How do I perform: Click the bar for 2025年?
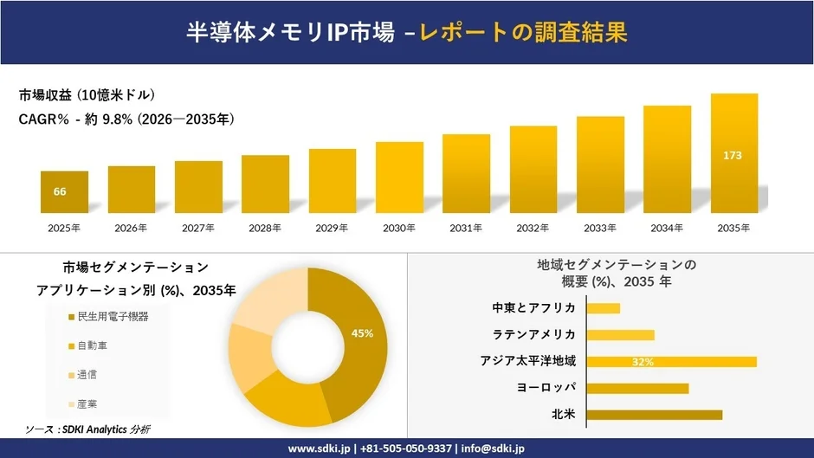[64, 192]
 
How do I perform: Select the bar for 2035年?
[734, 153]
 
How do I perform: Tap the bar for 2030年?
[399, 177]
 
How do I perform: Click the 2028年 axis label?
[265, 229]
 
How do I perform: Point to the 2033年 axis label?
[600, 229]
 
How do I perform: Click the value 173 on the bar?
[733, 155]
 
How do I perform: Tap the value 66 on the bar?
[60, 191]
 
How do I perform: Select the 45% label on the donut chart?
[362, 333]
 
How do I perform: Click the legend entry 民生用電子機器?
[112, 317]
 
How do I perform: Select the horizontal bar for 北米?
[654, 415]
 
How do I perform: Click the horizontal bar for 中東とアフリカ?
[604, 308]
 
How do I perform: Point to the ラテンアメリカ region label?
[534, 334]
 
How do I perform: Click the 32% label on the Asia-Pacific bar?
[643, 362]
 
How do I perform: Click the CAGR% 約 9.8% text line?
[126, 119]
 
